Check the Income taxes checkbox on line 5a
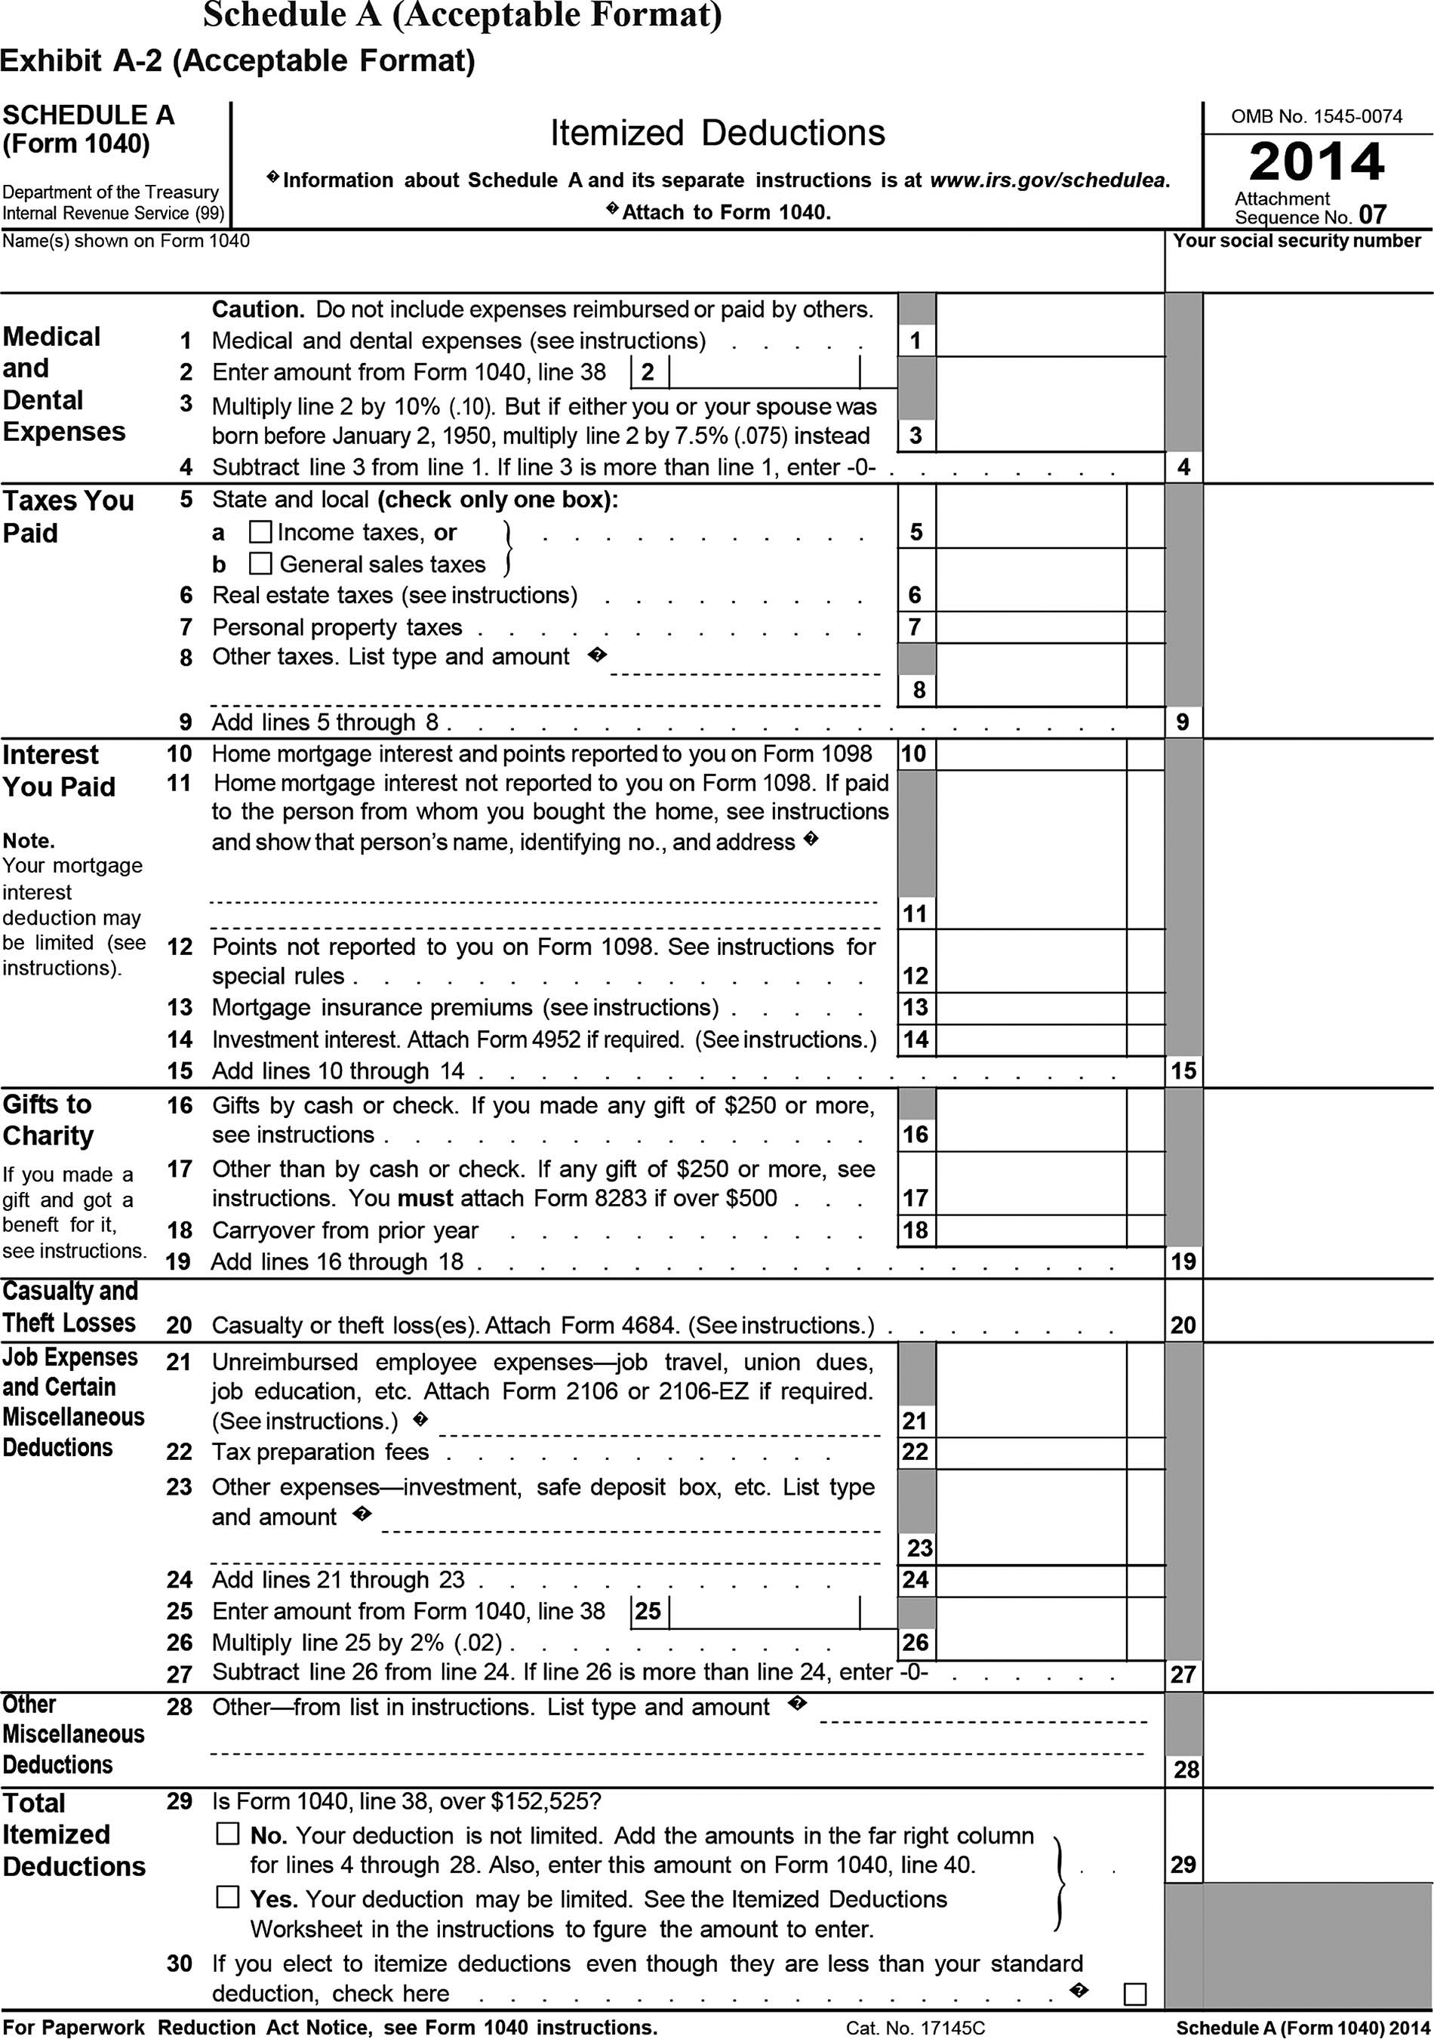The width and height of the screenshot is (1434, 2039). pyautogui.click(x=260, y=532)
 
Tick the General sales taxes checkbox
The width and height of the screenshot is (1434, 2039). pyautogui.click(x=260, y=564)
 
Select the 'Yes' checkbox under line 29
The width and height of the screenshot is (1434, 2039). pyautogui.click(x=228, y=1898)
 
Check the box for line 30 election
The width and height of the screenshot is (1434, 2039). pyautogui.click(x=1135, y=1994)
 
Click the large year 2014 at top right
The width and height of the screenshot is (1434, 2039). pyautogui.click(x=1317, y=162)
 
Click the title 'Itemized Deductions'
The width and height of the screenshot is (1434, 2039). pyautogui.click(x=718, y=133)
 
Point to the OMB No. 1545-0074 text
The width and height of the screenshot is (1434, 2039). pyautogui.click(x=1317, y=116)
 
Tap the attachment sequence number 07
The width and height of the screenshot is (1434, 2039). pyautogui.click(x=1372, y=215)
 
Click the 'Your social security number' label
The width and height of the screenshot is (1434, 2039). pyautogui.click(x=1297, y=241)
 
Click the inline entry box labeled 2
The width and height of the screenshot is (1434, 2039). pyautogui.click(x=764, y=372)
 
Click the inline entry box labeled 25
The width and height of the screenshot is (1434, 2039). pyautogui.click(x=764, y=1611)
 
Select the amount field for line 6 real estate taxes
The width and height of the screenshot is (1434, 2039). pyautogui.click(x=1030, y=595)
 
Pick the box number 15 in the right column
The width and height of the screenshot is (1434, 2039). pyautogui.click(x=1183, y=1071)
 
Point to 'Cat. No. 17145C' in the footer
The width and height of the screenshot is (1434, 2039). pyautogui.click(x=915, y=2028)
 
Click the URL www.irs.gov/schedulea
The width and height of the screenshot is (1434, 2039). pyautogui.click(x=1050, y=180)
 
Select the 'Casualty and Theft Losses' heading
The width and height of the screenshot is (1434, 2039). pyautogui.click(x=70, y=1307)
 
